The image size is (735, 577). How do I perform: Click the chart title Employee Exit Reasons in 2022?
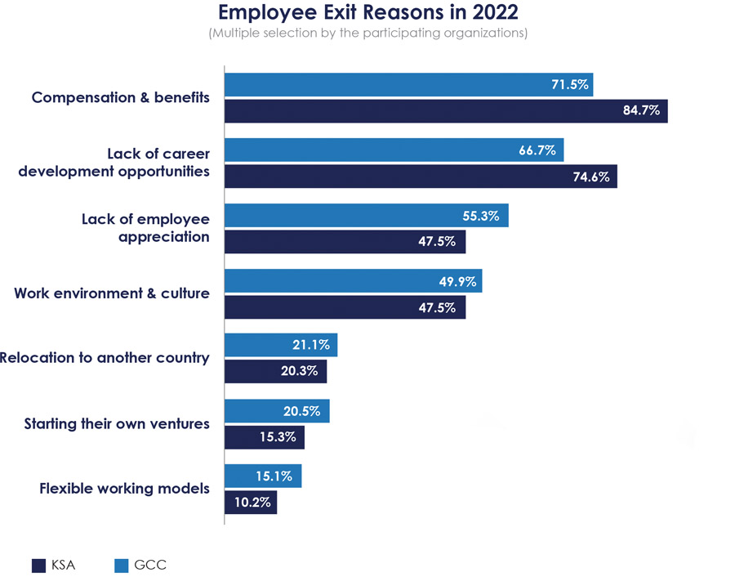(x=367, y=13)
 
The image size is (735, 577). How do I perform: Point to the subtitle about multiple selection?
(x=367, y=34)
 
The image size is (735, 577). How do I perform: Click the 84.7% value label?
(x=641, y=110)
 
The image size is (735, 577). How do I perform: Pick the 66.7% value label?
(x=537, y=150)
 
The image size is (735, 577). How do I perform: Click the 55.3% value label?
(x=482, y=215)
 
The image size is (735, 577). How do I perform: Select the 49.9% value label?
(x=456, y=281)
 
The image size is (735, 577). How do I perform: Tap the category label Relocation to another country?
(x=105, y=358)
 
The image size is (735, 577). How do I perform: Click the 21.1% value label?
(x=311, y=345)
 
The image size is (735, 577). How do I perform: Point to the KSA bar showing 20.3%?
(x=275, y=371)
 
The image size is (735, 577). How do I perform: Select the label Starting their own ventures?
(x=117, y=423)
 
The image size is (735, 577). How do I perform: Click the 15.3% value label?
(x=278, y=437)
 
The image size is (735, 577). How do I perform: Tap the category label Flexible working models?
(x=124, y=489)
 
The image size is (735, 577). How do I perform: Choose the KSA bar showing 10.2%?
(x=251, y=502)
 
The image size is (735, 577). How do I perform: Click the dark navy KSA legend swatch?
(x=38, y=565)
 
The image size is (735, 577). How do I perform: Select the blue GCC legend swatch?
(x=122, y=565)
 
